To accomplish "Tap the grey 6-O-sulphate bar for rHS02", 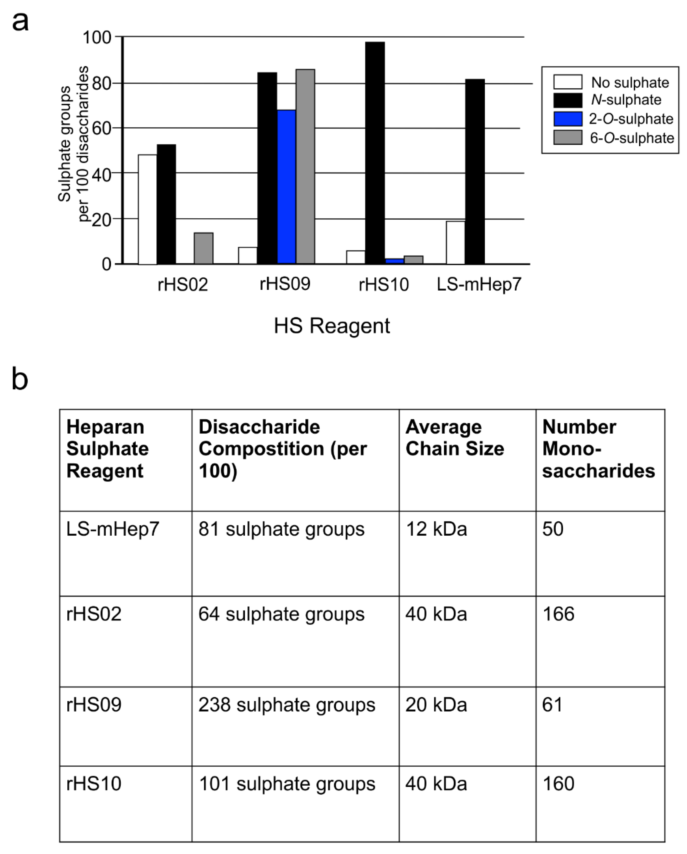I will pos(204,248).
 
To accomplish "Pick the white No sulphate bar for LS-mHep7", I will pos(455,242).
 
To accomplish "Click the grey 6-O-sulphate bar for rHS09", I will pos(305,166).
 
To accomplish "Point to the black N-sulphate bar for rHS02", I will pos(166,204).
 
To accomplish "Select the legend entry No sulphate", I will pos(630,82).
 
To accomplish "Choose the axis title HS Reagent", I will pos(332,326).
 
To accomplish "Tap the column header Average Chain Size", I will pos(455,438).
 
